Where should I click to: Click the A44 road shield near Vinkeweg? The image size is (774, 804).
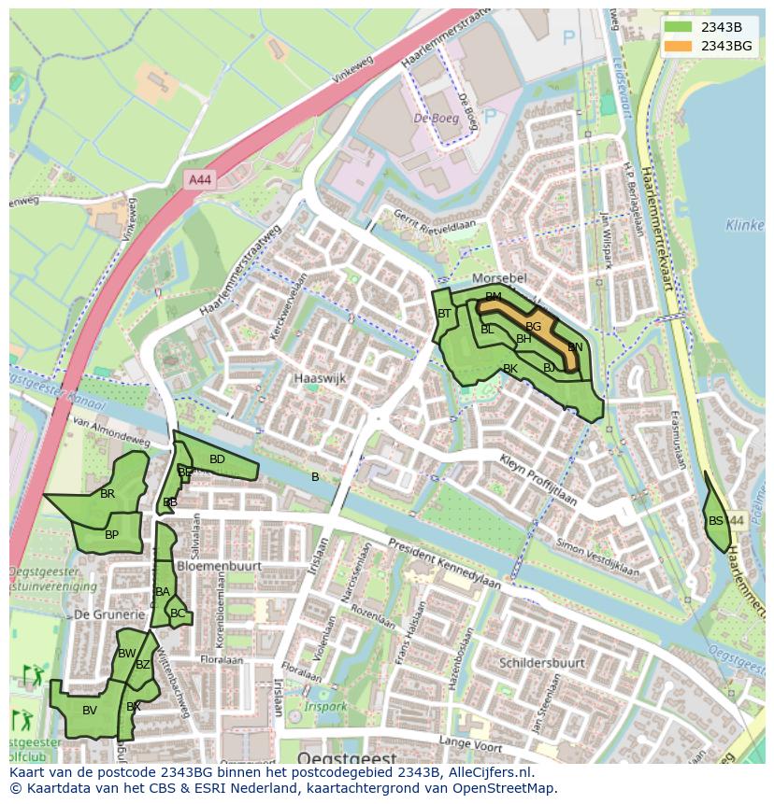(x=198, y=179)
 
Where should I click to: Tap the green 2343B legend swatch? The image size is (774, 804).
(x=680, y=27)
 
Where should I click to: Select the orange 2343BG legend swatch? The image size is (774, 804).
(x=680, y=46)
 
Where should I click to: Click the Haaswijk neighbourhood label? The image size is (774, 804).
(x=320, y=379)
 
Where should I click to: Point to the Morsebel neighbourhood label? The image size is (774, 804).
(x=500, y=279)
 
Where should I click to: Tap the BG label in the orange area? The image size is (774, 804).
(x=533, y=327)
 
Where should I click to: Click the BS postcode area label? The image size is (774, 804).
(x=715, y=521)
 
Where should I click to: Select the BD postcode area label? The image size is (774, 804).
(x=217, y=459)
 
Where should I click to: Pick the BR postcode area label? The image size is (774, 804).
(x=107, y=494)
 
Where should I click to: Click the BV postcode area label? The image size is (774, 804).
(x=90, y=711)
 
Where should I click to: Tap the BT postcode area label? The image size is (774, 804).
(x=445, y=314)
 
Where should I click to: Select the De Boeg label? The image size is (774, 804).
(x=436, y=119)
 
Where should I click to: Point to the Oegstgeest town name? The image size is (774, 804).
(x=347, y=757)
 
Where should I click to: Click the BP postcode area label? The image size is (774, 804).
(x=111, y=535)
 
